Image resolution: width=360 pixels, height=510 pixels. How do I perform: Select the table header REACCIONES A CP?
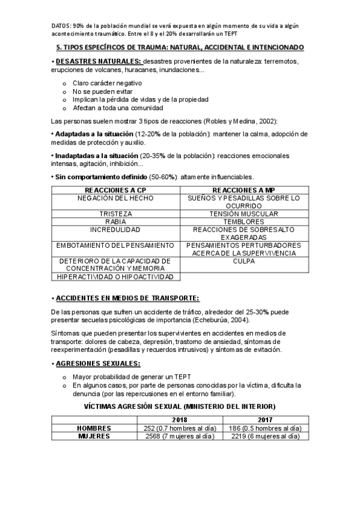[115, 189]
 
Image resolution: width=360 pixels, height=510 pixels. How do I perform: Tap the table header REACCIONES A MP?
[243, 189]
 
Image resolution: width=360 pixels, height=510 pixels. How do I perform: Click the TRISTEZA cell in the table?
[115, 214]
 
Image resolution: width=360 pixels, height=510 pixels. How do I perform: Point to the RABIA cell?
[115, 221]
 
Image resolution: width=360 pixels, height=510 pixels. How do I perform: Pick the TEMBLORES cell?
[243, 221]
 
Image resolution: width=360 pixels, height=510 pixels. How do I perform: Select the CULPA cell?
[243, 261]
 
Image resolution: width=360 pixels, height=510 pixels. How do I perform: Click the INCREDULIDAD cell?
[115, 230]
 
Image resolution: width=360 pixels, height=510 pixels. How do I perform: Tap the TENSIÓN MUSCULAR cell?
[243, 214]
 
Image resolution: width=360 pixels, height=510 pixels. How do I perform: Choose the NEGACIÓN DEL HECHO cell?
[115, 198]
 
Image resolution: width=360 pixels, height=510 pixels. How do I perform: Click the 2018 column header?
[180, 420]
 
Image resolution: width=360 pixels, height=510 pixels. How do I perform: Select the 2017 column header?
[265, 420]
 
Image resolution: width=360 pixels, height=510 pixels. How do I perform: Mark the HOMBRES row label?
[94, 428]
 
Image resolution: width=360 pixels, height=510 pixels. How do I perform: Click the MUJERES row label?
[94, 437]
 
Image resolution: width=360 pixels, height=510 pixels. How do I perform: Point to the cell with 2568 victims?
[180, 437]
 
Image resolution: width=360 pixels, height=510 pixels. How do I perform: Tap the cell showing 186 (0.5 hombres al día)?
[265, 428]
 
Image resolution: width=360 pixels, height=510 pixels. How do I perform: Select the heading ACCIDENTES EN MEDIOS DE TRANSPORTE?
[127, 298]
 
